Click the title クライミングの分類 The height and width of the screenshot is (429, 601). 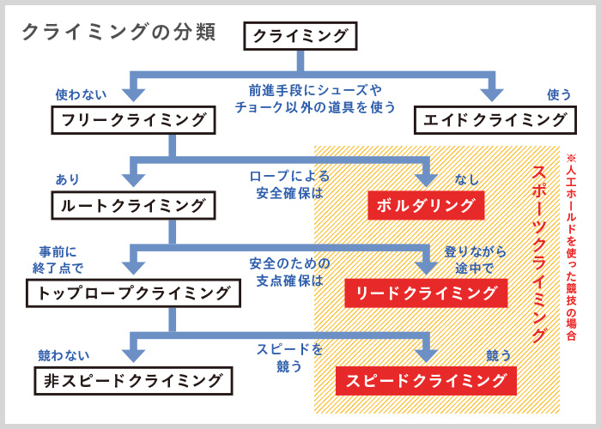click(x=118, y=33)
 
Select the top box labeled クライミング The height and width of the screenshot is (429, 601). click(x=300, y=35)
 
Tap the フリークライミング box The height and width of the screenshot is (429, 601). click(x=133, y=120)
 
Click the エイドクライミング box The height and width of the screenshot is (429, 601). click(x=495, y=120)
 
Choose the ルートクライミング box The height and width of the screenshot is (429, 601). click(x=133, y=206)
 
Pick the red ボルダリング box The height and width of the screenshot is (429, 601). click(x=426, y=206)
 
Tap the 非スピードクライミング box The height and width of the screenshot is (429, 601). click(x=133, y=379)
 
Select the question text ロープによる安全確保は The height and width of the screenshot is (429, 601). click(x=289, y=184)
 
